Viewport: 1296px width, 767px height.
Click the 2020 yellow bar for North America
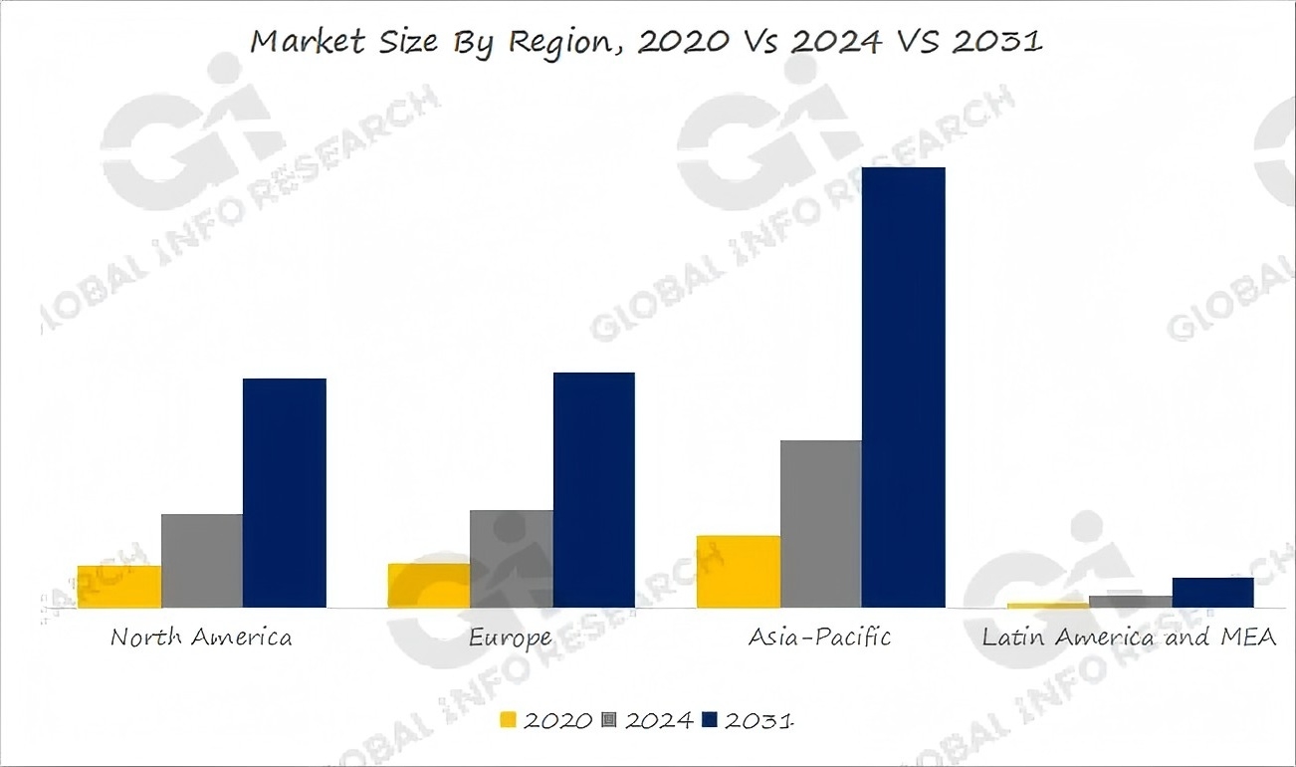click(119, 587)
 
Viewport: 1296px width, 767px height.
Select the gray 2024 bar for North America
click(202, 561)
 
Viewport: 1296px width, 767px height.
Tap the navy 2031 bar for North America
click(285, 493)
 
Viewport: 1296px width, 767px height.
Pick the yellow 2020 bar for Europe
click(429, 586)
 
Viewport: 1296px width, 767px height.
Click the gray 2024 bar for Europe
click(512, 559)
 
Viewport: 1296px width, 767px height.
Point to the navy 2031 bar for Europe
click(594, 490)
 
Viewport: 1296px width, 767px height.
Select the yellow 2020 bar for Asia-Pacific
click(739, 572)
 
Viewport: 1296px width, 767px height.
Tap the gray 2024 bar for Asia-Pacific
click(821, 524)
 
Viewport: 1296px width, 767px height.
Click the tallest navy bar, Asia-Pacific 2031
click(904, 387)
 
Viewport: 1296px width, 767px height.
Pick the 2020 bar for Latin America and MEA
click(1048, 605)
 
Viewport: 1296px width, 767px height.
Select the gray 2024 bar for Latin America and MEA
click(1131, 602)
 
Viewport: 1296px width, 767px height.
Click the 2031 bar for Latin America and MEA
click(1213, 593)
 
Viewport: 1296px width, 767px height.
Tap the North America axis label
click(201, 638)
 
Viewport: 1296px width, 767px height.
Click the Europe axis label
click(511, 638)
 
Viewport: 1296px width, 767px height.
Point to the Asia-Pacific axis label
click(820, 638)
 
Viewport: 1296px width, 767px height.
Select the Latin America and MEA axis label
click(1129, 638)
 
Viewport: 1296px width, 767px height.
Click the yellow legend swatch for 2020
click(509, 720)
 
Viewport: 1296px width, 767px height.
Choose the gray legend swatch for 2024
click(610, 720)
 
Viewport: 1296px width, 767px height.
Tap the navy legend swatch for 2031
click(710, 720)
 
